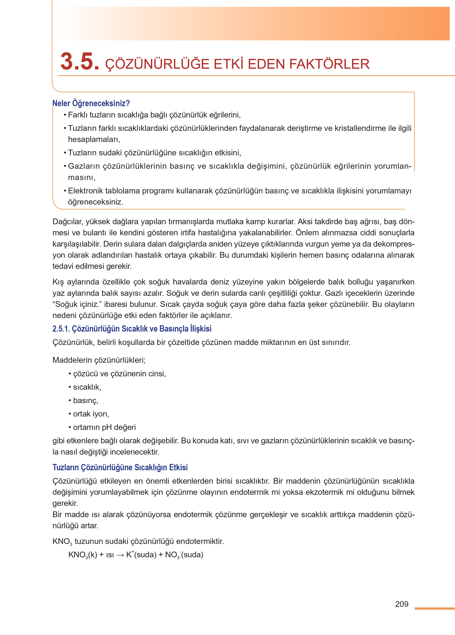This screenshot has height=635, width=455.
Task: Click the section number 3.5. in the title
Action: click(x=80, y=62)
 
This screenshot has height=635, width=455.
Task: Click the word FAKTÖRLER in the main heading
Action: click(x=329, y=64)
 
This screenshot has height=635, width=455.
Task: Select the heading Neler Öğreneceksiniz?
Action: click(x=91, y=103)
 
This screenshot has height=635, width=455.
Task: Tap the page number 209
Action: click(x=402, y=604)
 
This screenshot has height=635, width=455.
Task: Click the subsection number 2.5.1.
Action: click(x=61, y=329)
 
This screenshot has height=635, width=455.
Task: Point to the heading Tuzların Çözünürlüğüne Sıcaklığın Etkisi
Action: click(x=120, y=467)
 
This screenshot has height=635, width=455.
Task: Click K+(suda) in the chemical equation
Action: click(x=141, y=555)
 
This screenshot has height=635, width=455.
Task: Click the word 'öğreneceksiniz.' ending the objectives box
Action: click(x=96, y=202)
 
